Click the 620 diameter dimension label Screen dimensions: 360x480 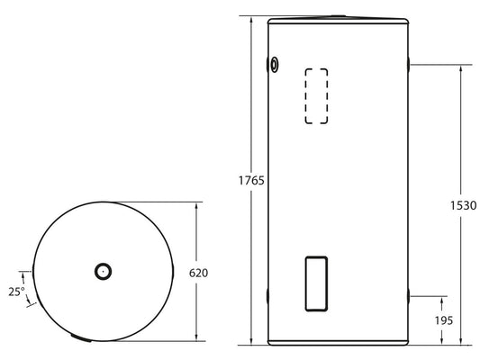(x=198, y=272)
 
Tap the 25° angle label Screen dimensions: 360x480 (x=15, y=292)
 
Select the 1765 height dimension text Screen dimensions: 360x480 (x=251, y=180)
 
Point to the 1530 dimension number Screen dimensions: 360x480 (x=463, y=205)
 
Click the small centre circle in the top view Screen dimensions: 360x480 (x=104, y=270)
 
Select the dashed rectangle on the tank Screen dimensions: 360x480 (x=314, y=95)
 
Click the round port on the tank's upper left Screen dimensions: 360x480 (x=275, y=64)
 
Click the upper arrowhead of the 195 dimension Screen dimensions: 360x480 (x=442, y=298)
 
